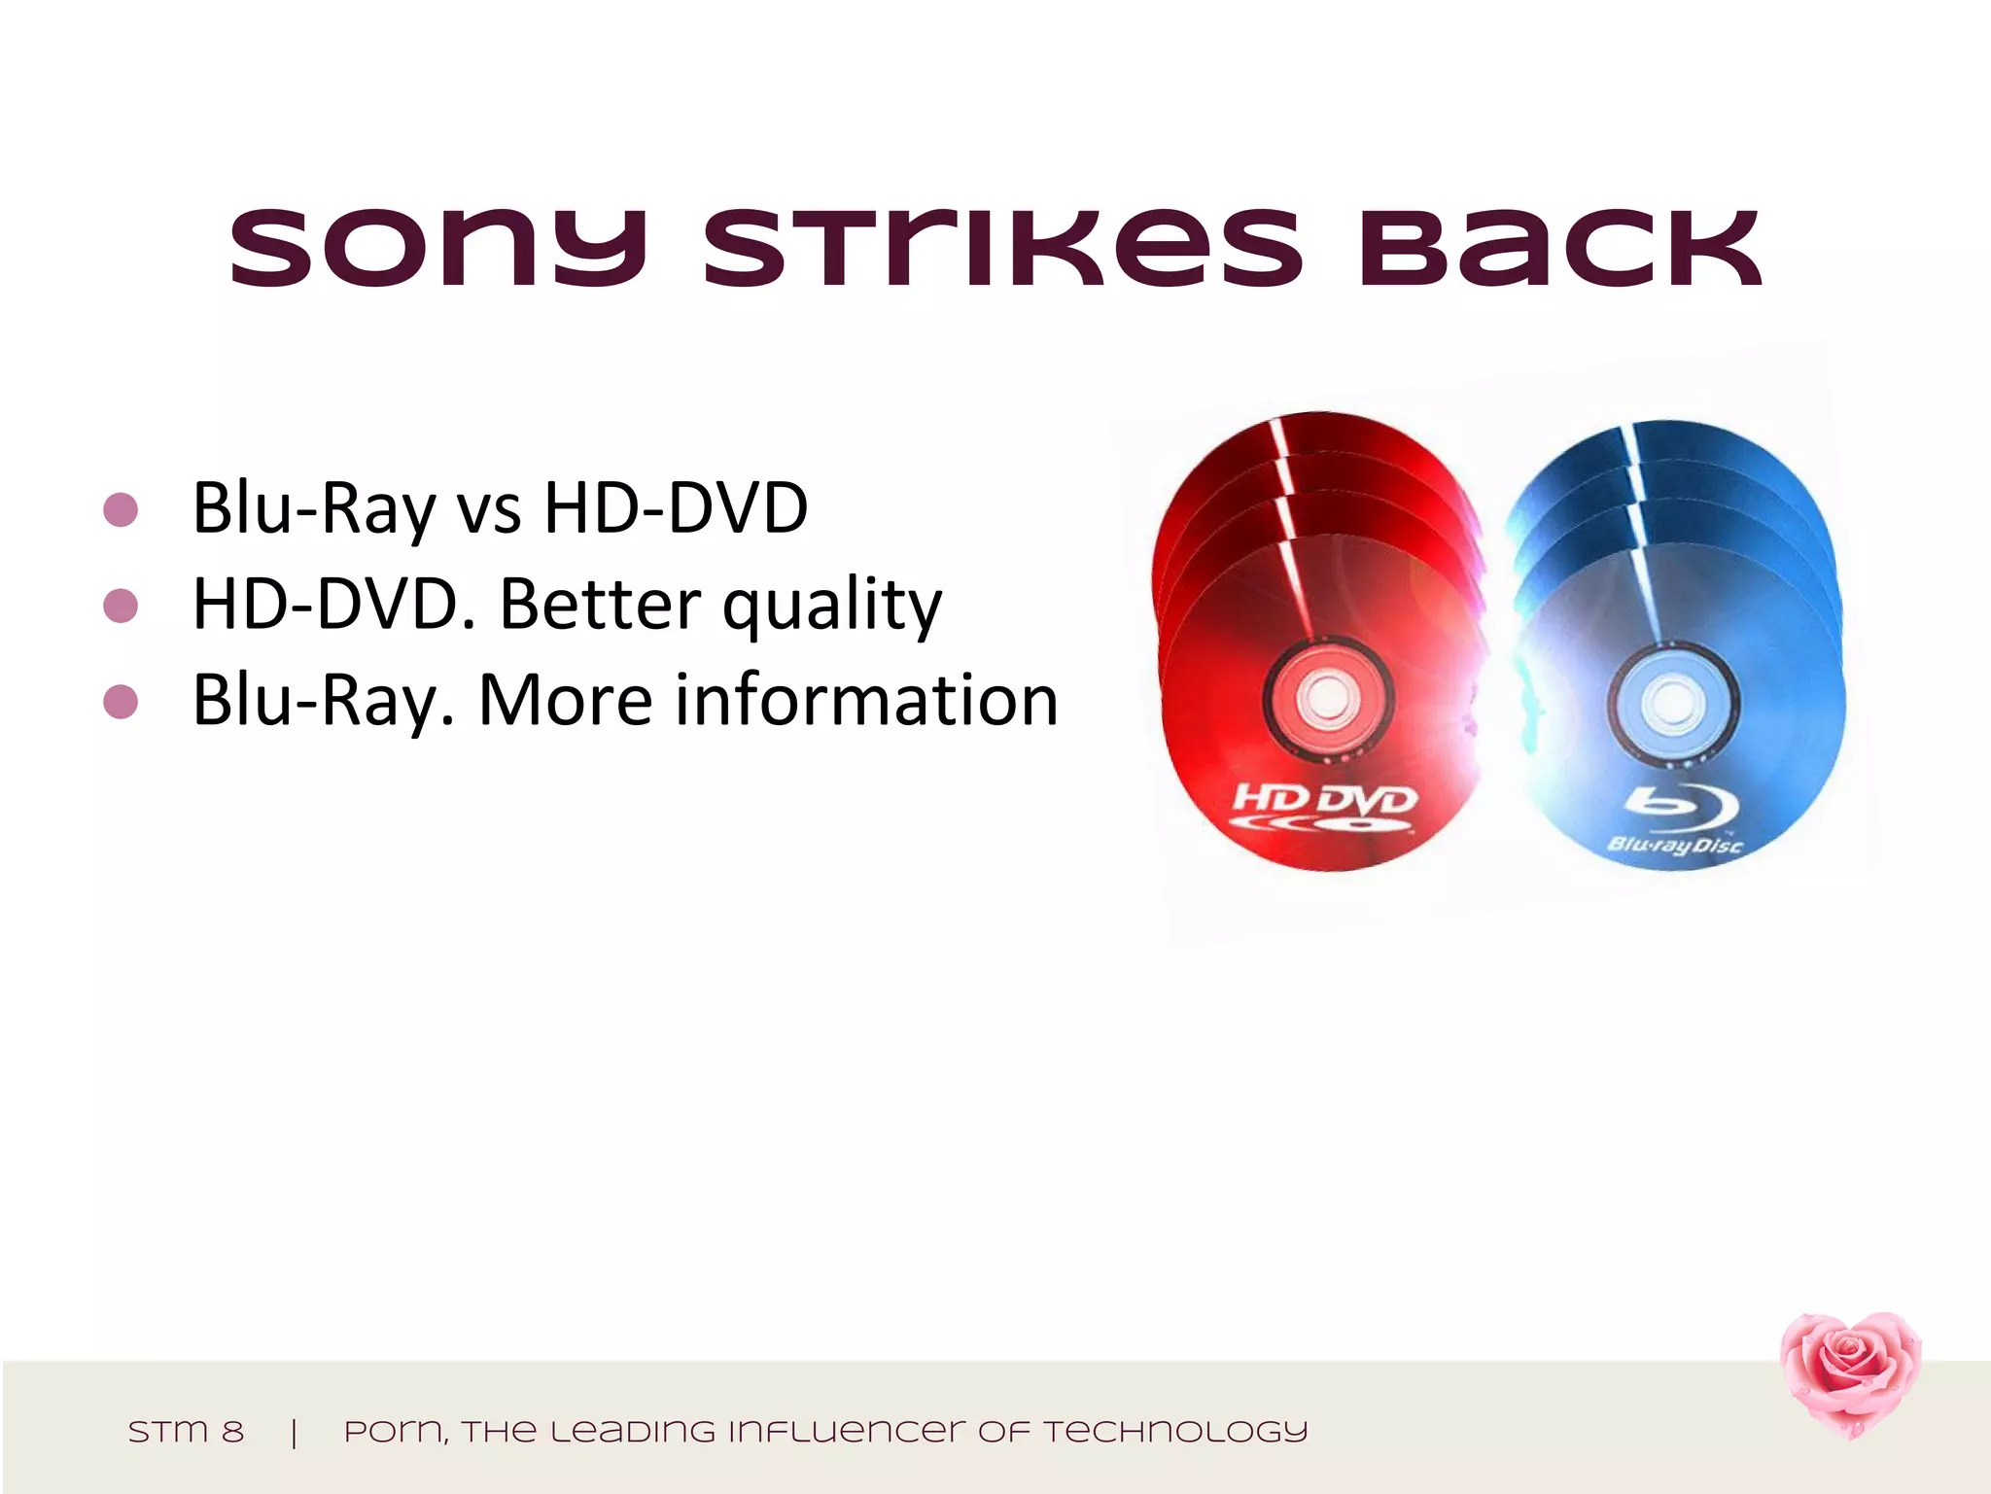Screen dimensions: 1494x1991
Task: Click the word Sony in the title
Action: tap(437, 249)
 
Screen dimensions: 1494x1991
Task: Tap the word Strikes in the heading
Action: tap(1002, 249)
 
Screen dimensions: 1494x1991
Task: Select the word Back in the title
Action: tap(1560, 249)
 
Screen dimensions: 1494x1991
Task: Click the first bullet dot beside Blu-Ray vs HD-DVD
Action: tap(121, 509)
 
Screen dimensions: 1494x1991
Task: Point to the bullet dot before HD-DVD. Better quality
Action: tap(121, 606)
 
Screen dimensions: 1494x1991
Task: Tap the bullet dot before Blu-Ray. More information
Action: tap(121, 701)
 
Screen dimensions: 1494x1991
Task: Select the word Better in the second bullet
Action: tap(599, 605)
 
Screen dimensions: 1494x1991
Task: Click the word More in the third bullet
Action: tap(566, 700)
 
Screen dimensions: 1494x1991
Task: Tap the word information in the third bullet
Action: tap(866, 700)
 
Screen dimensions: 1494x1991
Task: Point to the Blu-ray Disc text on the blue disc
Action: tap(1675, 845)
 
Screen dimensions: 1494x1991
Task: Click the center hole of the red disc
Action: tap(1326, 697)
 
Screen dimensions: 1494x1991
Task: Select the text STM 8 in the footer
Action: tap(186, 1432)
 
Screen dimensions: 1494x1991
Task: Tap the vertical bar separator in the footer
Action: tap(294, 1432)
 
